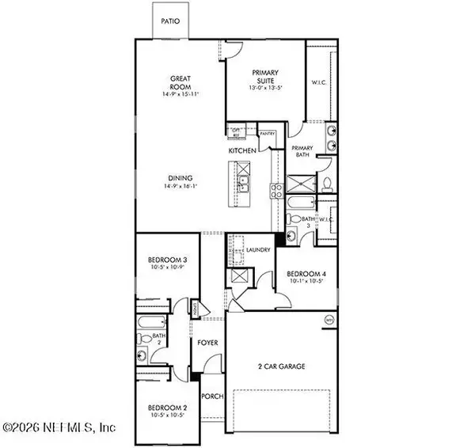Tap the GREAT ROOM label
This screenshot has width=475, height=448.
pos(181,82)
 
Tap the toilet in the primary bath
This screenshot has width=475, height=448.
pos(327,184)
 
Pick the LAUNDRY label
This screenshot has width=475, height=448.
pos(259,249)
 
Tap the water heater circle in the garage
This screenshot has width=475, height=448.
pos(329,319)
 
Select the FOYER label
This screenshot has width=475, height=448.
pos(208,343)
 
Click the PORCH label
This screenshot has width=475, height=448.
pos(212,397)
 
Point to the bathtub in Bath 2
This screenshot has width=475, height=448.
pos(150,324)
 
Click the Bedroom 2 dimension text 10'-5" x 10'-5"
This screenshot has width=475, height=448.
pos(166,416)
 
